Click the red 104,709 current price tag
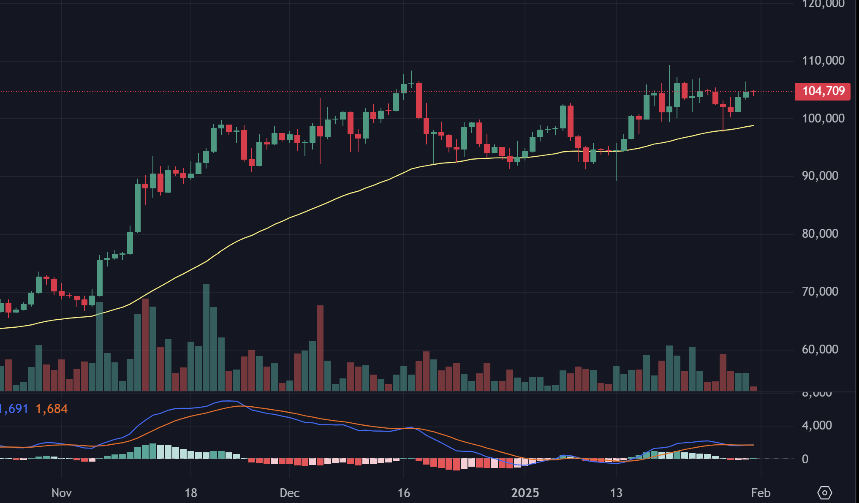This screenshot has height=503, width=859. tap(822, 91)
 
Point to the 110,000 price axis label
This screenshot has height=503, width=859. tap(823, 60)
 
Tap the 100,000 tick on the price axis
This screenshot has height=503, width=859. tap(823, 118)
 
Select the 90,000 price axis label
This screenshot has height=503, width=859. tap(820, 176)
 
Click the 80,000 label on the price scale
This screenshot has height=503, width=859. tap(820, 234)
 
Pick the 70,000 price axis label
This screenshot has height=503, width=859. tap(820, 291)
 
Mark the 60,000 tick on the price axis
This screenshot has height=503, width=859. tap(820, 349)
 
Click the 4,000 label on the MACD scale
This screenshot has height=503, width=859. tap(817, 425)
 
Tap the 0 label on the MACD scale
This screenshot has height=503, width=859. tap(805, 459)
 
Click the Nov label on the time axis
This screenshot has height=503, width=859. tap(61, 493)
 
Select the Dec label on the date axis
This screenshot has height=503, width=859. tap(290, 493)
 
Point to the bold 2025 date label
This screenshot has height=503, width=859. tap(525, 493)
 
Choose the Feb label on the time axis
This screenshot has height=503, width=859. tap(761, 493)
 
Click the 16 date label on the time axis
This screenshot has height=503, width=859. tap(404, 493)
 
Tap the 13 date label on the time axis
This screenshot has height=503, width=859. tap(616, 493)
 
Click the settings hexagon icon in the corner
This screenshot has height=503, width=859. tap(824, 492)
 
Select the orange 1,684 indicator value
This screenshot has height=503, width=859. tap(52, 409)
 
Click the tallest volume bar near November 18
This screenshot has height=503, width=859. tap(206, 338)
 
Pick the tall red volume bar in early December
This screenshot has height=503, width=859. tap(320, 348)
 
